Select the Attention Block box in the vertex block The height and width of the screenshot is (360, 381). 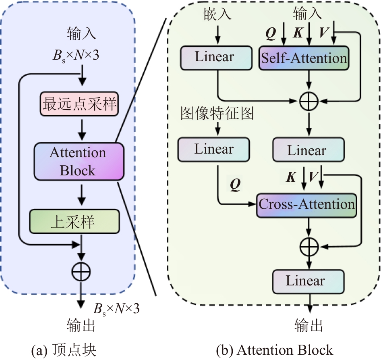78,161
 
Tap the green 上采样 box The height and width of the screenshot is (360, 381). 75,221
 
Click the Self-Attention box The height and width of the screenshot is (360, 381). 304,58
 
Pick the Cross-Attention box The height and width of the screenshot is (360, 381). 307,205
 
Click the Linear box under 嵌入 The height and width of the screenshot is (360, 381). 214,57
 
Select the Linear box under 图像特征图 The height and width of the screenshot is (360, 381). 213,150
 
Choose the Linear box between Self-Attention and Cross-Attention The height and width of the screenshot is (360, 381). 309,150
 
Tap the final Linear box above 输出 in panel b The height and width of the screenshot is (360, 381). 309,281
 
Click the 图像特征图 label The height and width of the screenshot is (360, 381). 217,114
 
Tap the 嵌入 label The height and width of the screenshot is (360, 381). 218,14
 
